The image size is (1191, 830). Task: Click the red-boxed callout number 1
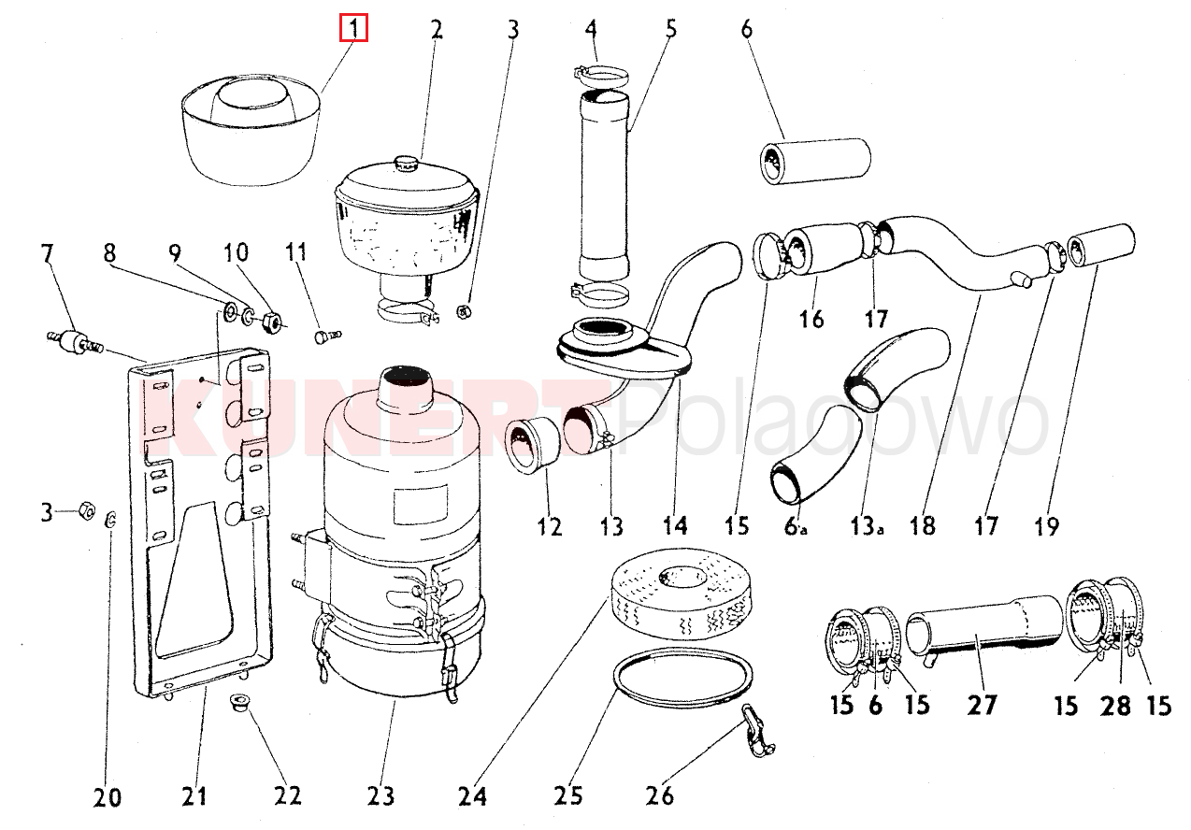point(353,29)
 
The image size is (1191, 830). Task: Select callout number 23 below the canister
point(380,796)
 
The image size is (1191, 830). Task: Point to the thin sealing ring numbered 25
point(682,678)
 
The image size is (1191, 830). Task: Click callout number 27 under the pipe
point(983,704)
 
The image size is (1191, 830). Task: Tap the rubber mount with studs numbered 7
point(74,341)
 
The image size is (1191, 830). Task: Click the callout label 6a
point(796,527)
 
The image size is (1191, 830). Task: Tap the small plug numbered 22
point(238,701)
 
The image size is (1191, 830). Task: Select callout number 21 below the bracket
point(194,796)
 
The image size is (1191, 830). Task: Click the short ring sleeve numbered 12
point(530,447)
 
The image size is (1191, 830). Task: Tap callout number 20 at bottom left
point(108,797)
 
